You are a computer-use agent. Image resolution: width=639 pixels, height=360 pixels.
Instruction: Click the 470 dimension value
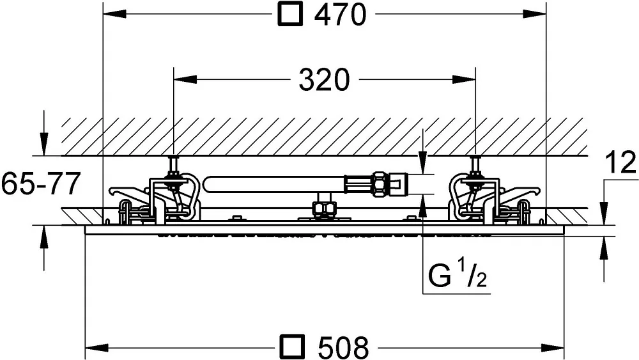tap(341, 15)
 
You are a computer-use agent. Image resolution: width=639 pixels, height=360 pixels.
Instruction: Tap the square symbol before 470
tap(290, 14)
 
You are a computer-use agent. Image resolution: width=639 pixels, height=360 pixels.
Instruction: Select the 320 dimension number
tap(325, 79)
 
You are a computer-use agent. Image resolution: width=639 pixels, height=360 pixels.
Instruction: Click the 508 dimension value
tap(343, 347)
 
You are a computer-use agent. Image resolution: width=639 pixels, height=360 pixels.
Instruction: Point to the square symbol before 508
tap(292, 347)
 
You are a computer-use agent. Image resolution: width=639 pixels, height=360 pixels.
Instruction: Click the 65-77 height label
tap(40, 184)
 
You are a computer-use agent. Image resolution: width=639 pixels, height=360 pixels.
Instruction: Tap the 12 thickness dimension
tap(620, 162)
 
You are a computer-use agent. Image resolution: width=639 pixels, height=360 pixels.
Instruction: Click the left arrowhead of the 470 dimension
tap(114, 14)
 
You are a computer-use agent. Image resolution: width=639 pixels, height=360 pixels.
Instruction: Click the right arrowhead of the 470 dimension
tap(534, 14)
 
